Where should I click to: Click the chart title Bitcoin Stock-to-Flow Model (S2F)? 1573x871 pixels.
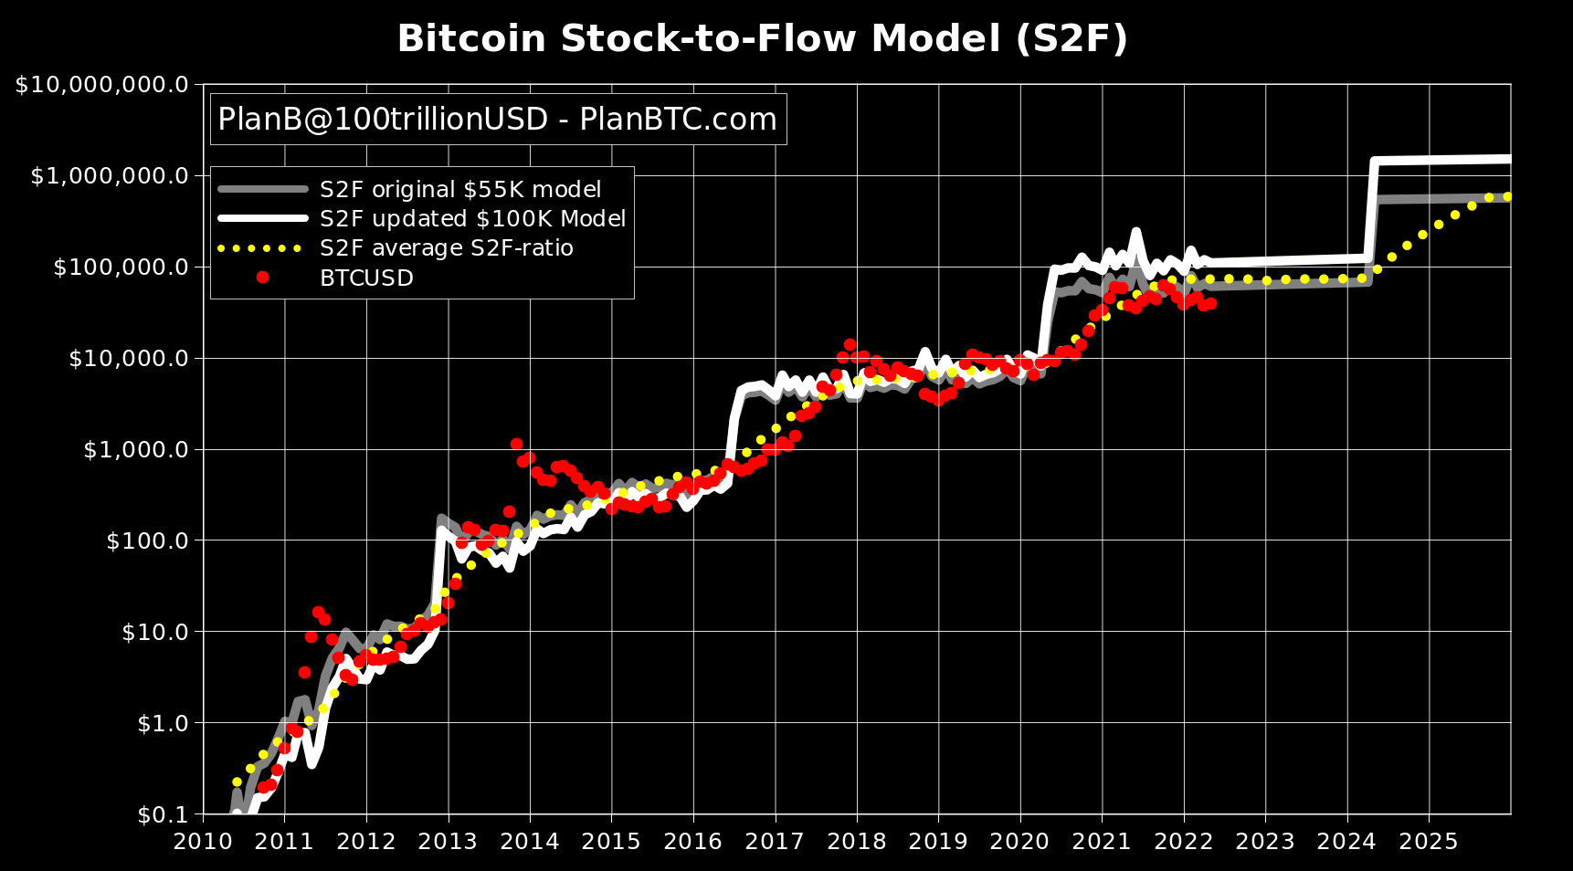[x=762, y=39]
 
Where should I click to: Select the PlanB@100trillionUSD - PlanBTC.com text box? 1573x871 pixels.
[x=498, y=120]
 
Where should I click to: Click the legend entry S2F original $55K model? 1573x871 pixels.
[x=460, y=190]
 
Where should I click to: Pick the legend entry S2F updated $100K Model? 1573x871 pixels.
[x=472, y=219]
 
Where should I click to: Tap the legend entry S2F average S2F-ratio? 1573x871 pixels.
[x=446, y=248]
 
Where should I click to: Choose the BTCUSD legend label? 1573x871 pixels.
[x=366, y=278]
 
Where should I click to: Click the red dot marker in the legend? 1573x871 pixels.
[x=263, y=278]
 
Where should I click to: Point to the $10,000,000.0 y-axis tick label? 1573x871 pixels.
[x=101, y=85]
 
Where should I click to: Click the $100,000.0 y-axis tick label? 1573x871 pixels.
[x=121, y=268]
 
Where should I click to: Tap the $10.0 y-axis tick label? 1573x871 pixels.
[x=154, y=632]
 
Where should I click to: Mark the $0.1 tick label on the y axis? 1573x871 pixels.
[x=163, y=814]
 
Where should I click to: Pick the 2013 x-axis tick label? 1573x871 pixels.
[x=448, y=841]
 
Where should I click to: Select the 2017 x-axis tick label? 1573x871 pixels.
[x=775, y=841]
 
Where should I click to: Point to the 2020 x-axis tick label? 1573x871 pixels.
[x=1020, y=841]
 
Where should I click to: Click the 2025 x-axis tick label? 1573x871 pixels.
[x=1429, y=841]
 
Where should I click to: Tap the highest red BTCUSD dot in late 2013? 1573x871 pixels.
[x=516, y=444]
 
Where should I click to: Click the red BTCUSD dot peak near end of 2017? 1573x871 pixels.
[x=850, y=345]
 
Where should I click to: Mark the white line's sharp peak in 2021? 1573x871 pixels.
[x=1136, y=232]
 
